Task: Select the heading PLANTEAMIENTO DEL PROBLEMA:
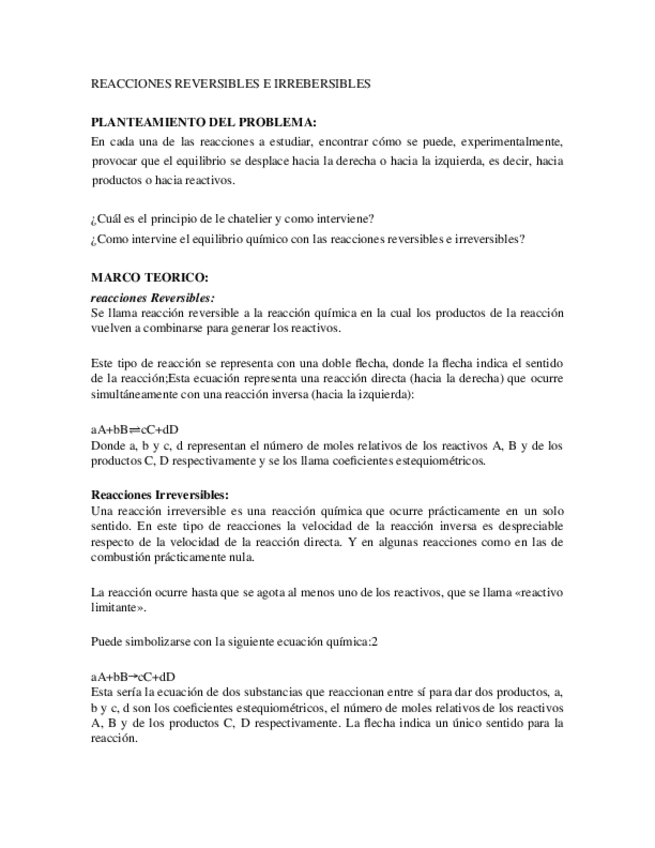click(x=203, y=122)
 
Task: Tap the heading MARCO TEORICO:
click(x=149, y=277)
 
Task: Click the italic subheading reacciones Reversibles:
click(x=152, y=297)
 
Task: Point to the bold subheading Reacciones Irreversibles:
click(x=160, y=495)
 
